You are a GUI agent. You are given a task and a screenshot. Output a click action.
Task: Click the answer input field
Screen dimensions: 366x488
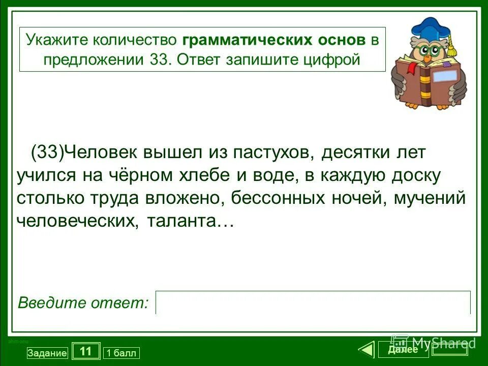tap(313, 302)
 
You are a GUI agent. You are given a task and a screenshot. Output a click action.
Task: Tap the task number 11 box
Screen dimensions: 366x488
tap(86, 351)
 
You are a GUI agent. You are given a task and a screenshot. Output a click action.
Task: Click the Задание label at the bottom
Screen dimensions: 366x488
tap(47, 353)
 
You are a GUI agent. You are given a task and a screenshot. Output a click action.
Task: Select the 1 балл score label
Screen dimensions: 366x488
tap(121, 353)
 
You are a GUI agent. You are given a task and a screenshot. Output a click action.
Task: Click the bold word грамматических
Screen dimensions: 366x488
tap(247, 40)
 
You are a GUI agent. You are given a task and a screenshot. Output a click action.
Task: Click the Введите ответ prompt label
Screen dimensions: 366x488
tap(83, 303)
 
